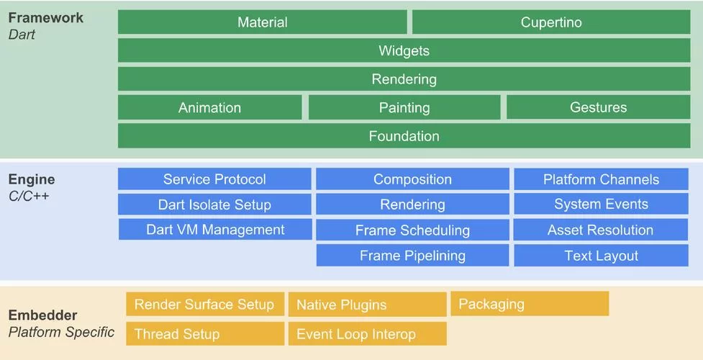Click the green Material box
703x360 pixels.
click(262, 22)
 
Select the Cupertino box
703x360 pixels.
click(551, 22)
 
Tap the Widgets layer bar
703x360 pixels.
click(404, 50)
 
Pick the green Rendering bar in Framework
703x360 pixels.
click(404, 79)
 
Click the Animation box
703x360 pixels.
click(209, 107)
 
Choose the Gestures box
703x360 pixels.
click(598, 107)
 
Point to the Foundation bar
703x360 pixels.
click(404, 136)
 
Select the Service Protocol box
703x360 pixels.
click(214, 179)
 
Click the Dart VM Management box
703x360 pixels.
click(215, 230)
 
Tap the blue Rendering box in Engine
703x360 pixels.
click(412, 204)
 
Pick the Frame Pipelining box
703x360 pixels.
click(412, 256)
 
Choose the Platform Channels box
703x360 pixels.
click(601, 179)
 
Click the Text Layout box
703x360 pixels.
click(601, 256)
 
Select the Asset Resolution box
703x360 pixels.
click(601, 230)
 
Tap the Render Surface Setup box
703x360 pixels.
click(204, 305)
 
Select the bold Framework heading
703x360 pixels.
click(46, 17)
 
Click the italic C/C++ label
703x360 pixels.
click(29, 195)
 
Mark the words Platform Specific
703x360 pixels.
click(61, 332)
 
